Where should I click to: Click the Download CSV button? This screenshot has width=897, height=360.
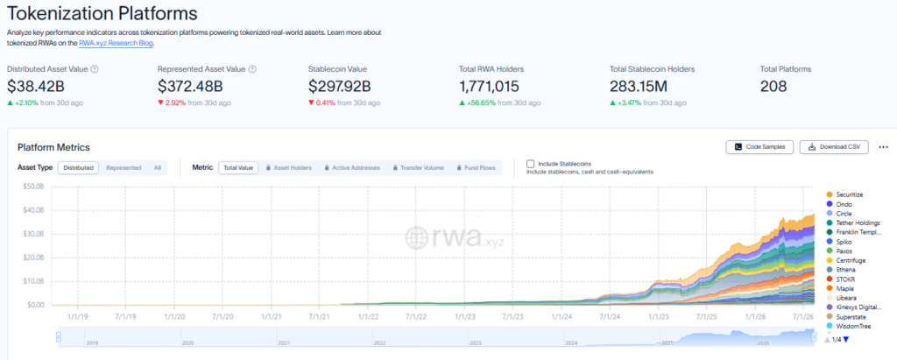pyautogui.click(x=834, y=147)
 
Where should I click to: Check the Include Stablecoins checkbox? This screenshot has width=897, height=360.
pyautogui.click(x=530, y=164)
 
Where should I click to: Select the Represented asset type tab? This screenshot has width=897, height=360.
pyautogui.click(x=124, y=167)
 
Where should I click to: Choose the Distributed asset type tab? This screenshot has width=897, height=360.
pyautogui.click(x=78, y=167)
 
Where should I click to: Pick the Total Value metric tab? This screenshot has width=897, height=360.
pyautogui.click(x=238, y=167)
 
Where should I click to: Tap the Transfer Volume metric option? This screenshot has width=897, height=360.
pyautogui.click(x=418, y=167)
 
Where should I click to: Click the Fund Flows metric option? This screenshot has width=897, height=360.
pyautogui.click(x=476, y=167)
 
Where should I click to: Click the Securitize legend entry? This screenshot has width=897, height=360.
pyautogui.click(x=844, y=194)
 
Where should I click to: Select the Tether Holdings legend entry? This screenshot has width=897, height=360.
pyautogui.click(x=853, y=222)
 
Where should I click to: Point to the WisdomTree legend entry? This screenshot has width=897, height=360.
pyautogui.click(x=849, y=326)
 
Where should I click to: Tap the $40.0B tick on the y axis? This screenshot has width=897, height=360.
pyautogui.click(x=33, y=210)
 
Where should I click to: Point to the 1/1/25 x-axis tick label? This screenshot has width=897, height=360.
pyautogui.click(x=659, y=315)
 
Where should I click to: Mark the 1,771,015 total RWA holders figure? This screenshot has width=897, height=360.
pyautogui.click(x=489, y=87)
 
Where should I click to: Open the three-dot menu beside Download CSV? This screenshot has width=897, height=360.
pyautogui.click(x=883, y=147)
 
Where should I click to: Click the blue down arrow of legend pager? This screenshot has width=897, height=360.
pyautogui.click(x=846, y=339)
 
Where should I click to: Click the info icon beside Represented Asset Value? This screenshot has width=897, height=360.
pyautogui.click(x=253, y=69)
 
